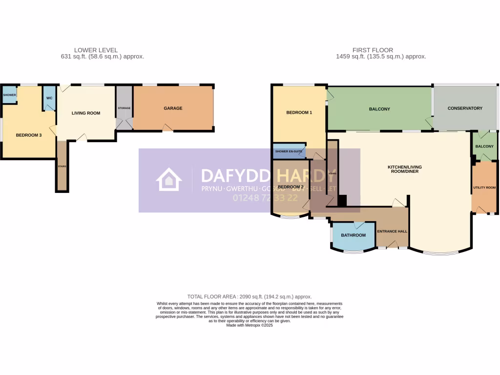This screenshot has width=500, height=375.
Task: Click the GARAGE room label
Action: coord(173,108)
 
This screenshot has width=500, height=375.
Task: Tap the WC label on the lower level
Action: coord(49,98)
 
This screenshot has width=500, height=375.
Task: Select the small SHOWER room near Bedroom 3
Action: coord(9,95)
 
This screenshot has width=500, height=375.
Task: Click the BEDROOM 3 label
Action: coord(28,135)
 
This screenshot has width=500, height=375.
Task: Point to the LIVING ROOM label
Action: coord(86,113)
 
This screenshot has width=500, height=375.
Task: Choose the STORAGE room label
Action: coord(124,108)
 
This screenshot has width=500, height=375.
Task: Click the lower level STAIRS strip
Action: coord(62,166)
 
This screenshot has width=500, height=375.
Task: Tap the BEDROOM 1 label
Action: coord(299,113)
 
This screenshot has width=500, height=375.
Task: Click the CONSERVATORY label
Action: coord(465,108)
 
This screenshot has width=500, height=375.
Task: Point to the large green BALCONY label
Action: coord(379,109)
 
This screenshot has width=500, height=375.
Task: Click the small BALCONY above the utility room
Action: coord(484,146)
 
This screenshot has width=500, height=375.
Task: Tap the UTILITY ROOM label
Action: coord(484,187)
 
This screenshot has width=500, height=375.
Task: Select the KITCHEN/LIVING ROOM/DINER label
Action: coord(404,169)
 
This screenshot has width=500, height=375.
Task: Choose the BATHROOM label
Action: coord(353,235)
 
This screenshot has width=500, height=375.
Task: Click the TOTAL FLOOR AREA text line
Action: coord(250,296)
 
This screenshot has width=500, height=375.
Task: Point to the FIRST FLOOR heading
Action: coord(373,50)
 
